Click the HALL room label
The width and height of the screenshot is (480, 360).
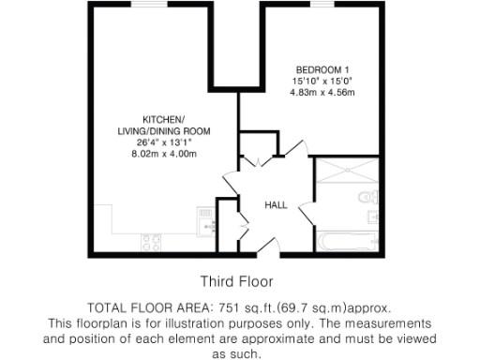275,204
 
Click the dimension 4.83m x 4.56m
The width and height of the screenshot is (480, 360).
322,93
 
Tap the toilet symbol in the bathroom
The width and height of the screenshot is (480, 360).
369,197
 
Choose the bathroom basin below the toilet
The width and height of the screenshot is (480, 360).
373,217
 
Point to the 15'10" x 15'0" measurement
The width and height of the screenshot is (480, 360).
322,82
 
